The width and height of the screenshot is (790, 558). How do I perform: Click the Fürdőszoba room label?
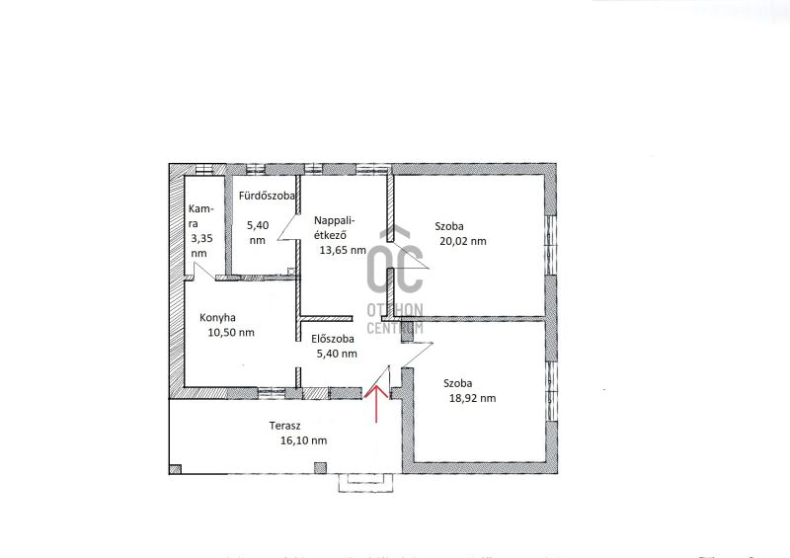click(267, 196)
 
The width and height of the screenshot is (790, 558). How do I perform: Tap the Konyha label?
click(217, 318)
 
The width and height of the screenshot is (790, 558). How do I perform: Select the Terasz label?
click(284, 426)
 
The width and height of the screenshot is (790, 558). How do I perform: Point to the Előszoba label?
click(333, 339)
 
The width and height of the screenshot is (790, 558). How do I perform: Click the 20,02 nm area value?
click(463, 241)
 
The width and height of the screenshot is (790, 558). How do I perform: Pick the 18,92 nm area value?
click(473, 398)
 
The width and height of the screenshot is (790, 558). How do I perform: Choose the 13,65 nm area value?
click(343, 250)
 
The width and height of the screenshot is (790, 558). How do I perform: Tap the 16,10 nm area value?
click(304, 440)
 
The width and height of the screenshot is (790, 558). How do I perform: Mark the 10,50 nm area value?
click(231, 332)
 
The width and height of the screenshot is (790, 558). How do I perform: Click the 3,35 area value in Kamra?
click(201, 238)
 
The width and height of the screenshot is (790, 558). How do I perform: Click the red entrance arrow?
click(376, 405)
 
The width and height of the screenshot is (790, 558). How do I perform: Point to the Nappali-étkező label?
click(335, 227)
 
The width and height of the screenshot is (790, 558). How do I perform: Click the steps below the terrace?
click(365, 483)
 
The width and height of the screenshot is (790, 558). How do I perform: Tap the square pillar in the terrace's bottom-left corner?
click(176, 469)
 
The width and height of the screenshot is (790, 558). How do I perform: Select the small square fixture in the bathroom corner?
click(291, 272)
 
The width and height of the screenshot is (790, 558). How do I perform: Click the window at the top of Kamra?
click(204, 169)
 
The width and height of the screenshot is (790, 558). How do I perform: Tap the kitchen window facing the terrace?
click(273, 393)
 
